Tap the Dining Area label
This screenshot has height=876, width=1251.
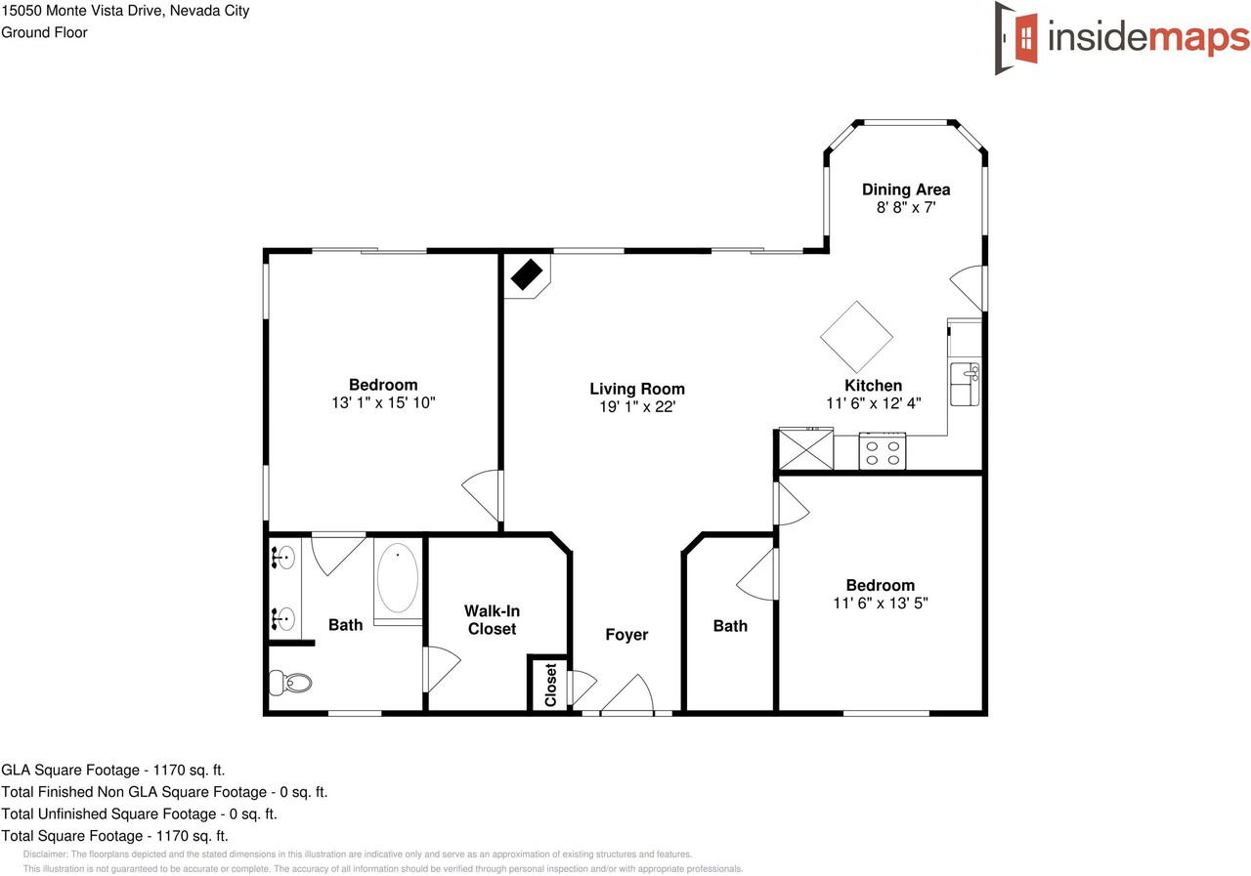click(x=905, y=189)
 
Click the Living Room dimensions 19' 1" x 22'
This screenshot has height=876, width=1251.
click(x=637, y=406)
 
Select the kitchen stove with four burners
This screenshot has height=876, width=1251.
click(x=883, y=452)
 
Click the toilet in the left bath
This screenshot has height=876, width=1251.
click(x=289, y=682)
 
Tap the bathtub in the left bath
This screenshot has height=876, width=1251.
click(x=398, y=579)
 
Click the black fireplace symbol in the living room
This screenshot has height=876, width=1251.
click(x=527, y=274)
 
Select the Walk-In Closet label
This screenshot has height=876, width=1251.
click(x=492, y=620)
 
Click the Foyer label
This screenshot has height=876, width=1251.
click(x=626, y=635)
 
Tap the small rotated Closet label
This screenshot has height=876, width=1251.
click(x=550, y=685)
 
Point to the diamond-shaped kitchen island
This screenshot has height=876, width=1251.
click(x=856, y=337)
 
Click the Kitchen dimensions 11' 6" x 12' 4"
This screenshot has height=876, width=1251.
click(x=874, y=402)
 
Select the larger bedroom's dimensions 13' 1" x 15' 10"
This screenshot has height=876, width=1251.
click(x=383, y=402)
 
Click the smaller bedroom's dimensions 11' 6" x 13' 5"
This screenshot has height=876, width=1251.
click(x=880, y=604)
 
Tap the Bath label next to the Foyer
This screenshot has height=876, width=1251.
click(x=730, y=626)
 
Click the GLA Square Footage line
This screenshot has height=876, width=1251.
click(x=113, y=770)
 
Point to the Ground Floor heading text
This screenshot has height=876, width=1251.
click(x=45, y=32)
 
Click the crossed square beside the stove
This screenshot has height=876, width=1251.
click(x=804, y=450)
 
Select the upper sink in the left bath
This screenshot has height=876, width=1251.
click(x=283, y=559)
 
